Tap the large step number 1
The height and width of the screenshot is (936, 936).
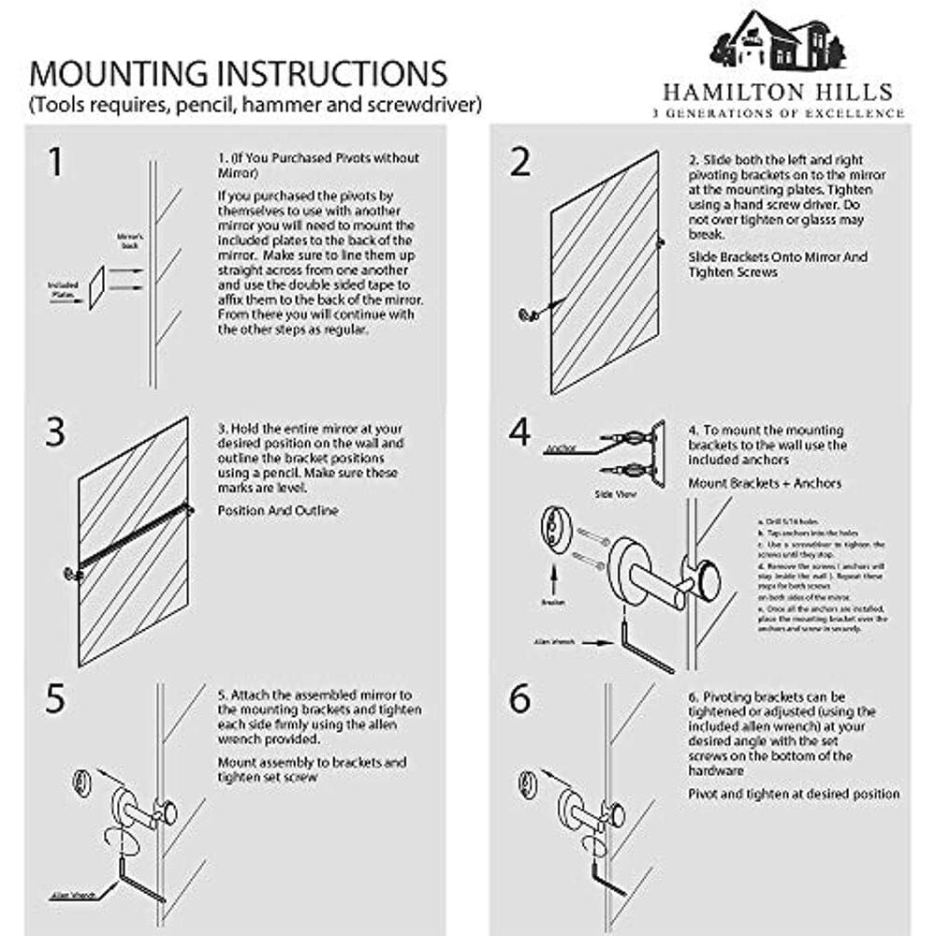(x=55, y=161)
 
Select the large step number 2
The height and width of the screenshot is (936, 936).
(x=520, y=161)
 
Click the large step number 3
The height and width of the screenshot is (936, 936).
(x=56, y=432)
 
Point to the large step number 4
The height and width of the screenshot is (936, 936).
(x=519, y=432)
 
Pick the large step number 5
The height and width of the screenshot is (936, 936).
(x=55, y=700)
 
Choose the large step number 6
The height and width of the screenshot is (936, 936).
(x=520, y=700)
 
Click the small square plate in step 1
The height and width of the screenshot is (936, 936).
(x=96, y=286)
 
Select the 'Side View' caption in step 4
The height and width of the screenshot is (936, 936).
(x=613, y=492)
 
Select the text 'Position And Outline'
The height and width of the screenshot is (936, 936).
(x=278, y=511)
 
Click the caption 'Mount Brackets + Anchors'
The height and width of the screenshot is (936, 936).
(x=765, y=483)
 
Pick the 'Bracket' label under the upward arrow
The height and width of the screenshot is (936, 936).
(x=552, y=603)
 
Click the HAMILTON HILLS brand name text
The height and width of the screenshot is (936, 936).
(x=777, y=93)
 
